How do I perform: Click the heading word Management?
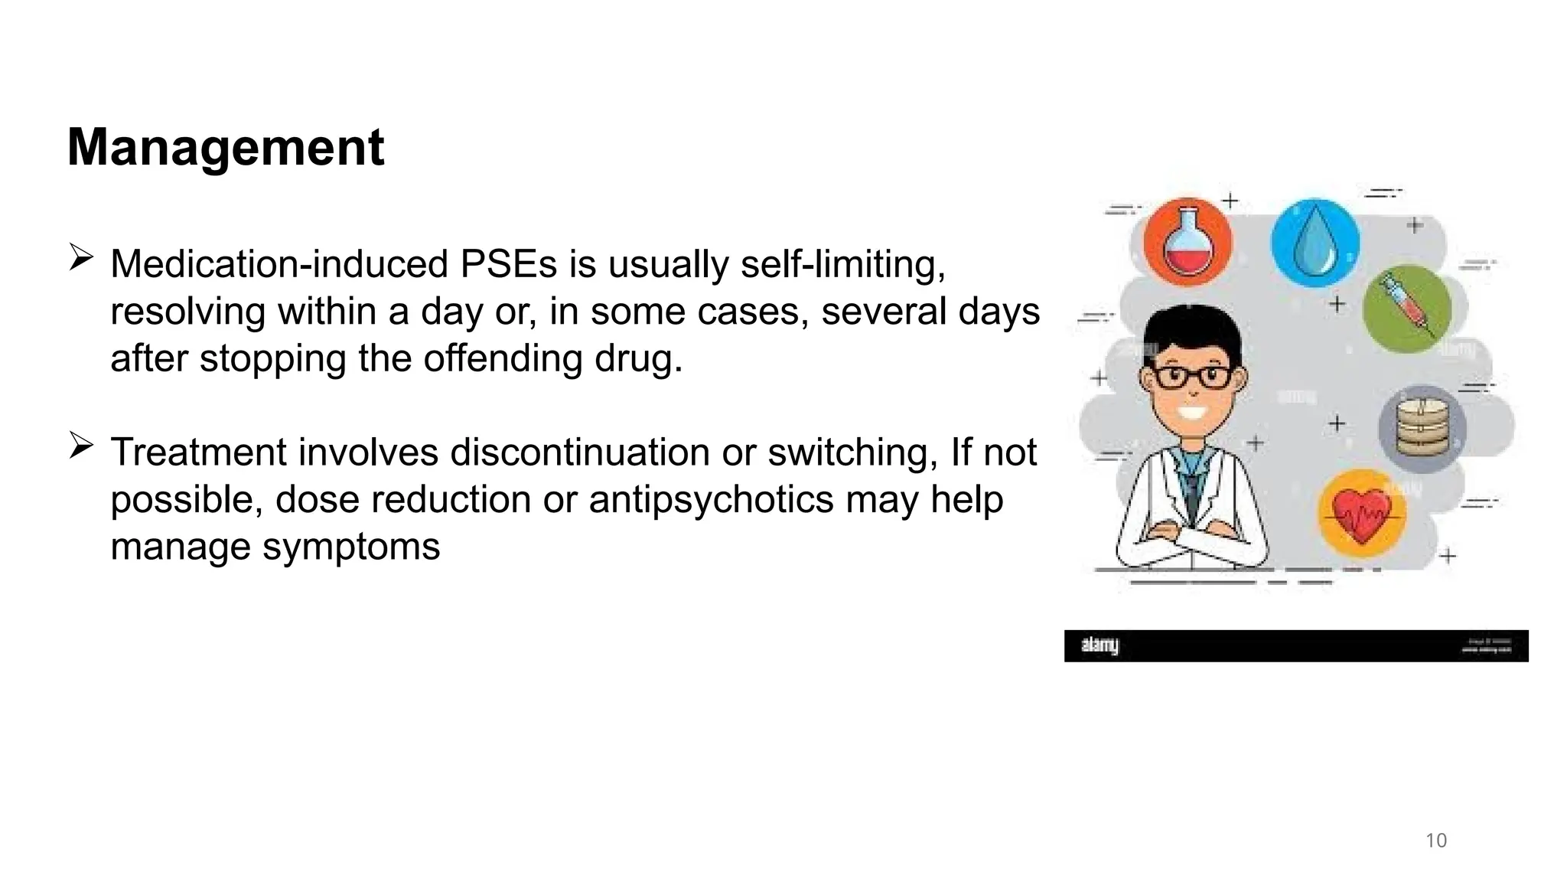coord(226,147)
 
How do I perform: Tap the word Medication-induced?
coord(279,264)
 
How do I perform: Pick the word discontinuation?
coord(580,452)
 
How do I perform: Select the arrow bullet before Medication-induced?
coord(80,256)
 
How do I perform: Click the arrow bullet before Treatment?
coord(80,445)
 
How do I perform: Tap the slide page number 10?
coord(1436,841)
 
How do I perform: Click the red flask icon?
coord(1187,243)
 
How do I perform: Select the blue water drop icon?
coord(1315,243)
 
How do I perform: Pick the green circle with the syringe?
coord(1408,309)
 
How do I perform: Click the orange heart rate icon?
coord(1362,513)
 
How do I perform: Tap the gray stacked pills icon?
coord(1422,428)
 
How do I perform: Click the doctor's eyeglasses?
coord(1192,376)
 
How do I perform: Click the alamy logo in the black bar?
coord(1100,645)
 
